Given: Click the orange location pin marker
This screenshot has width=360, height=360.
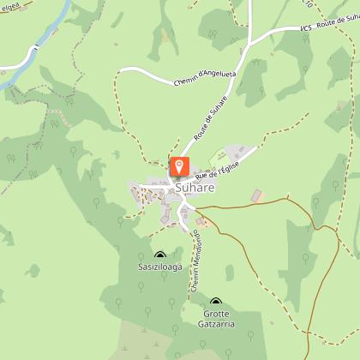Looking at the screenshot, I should click(180, 165).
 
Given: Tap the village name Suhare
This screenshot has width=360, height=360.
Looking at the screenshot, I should click(194, 187).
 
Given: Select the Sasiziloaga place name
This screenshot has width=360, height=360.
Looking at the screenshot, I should click(160, 267).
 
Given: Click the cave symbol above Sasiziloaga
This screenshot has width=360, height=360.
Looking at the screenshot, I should click(160, 255).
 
